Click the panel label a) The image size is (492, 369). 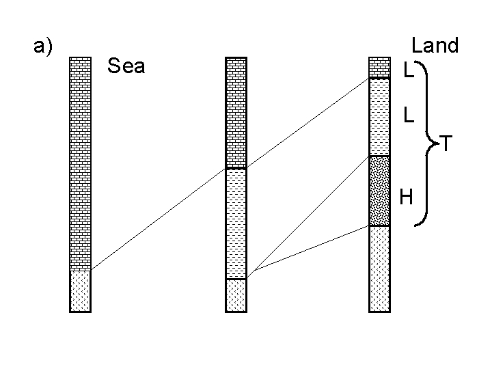coord(43,47)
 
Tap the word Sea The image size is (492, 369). coord(126,67)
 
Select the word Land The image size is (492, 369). coord(435,46)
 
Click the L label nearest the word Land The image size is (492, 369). coord(408,70)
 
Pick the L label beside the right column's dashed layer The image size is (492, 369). coord(408,115)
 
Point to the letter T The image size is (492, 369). coord(446,144)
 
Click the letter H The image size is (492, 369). coord(406,198)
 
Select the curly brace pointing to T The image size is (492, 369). coord(428,143)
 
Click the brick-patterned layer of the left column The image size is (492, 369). coord(81,164)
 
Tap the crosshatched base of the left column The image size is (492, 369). coord(81,291)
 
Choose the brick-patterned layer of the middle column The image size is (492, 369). coord(236,113)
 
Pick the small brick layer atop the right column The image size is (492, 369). coord(379,68)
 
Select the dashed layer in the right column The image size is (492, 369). coord(379,118)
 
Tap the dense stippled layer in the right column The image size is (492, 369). coord(379,191)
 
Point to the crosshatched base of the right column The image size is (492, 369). coord(379,269)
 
